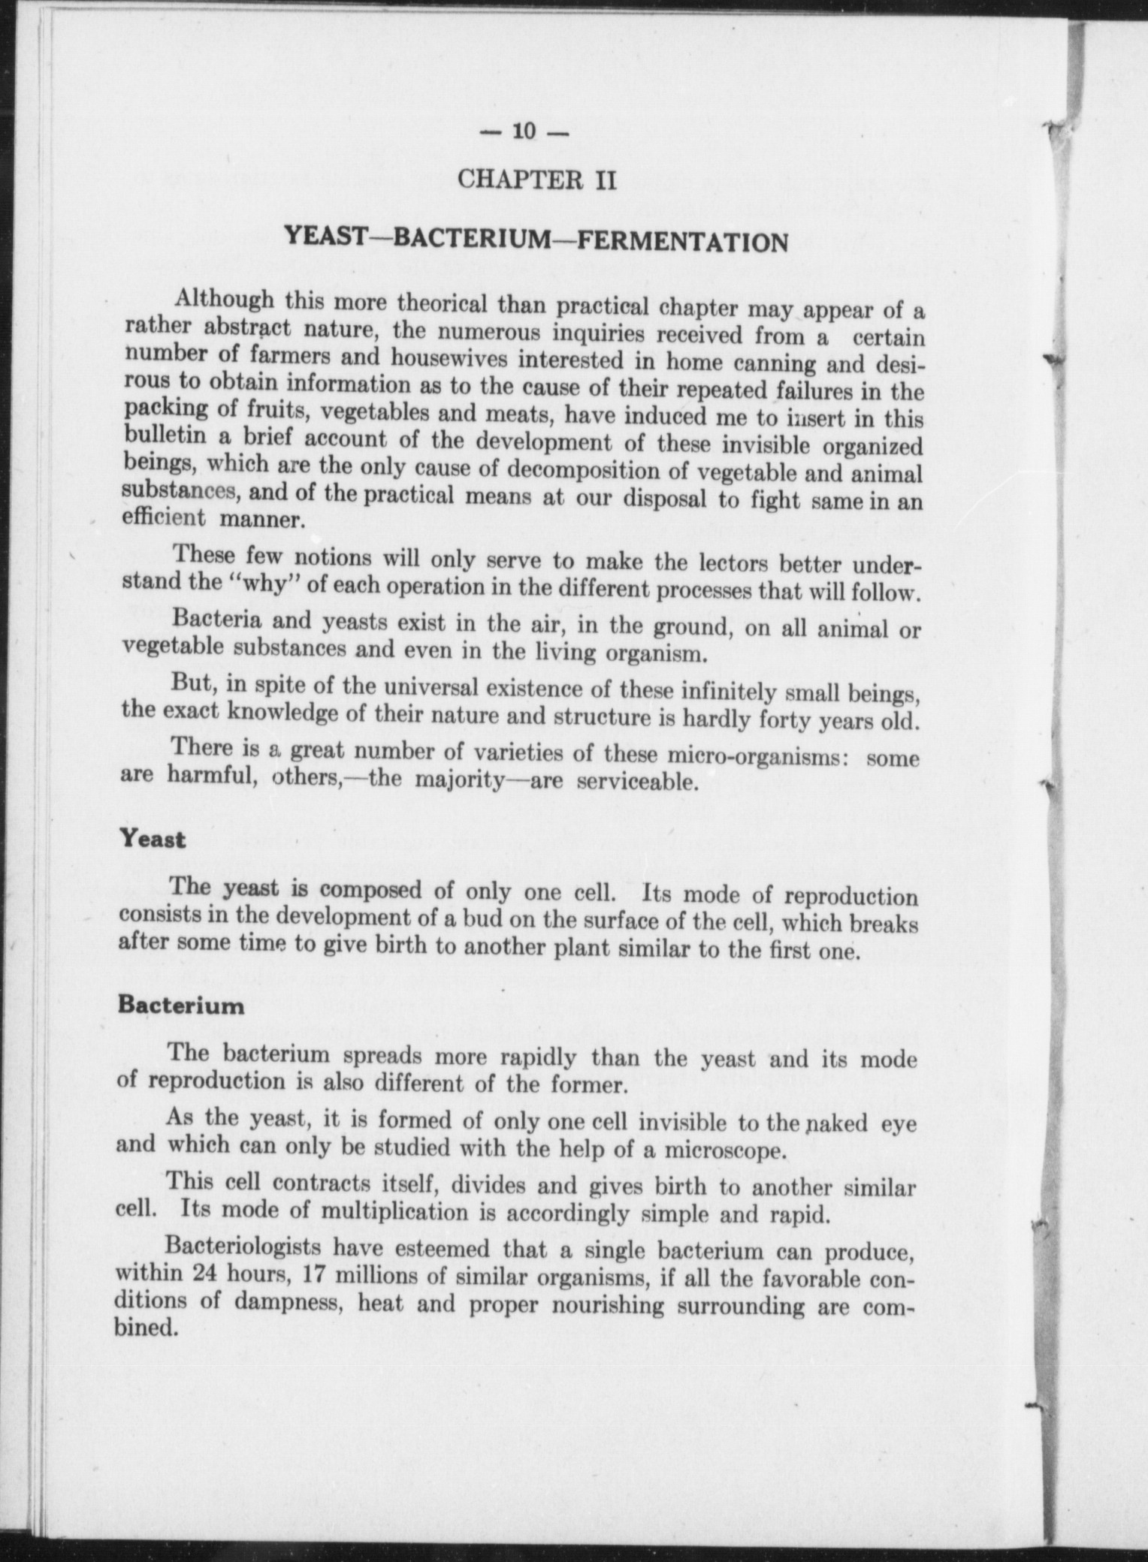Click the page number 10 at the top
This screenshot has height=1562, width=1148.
click(524, 131)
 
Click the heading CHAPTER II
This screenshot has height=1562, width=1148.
click(536, 180)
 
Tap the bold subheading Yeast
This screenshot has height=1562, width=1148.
click(153, 839)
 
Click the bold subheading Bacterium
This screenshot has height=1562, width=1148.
click(181, 1005)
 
